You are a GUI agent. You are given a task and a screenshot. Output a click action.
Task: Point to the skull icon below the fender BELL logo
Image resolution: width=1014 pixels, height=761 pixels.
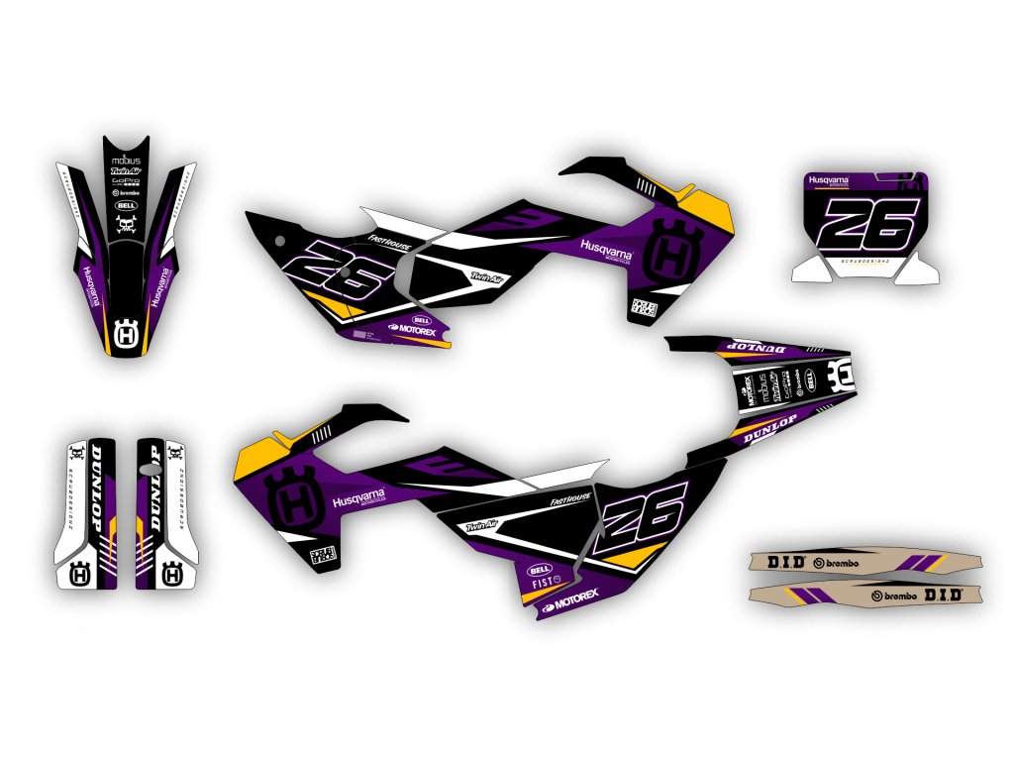(x=126, y=225)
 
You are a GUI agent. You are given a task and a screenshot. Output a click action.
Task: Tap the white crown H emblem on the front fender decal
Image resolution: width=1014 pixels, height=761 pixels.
(x=126, y=334)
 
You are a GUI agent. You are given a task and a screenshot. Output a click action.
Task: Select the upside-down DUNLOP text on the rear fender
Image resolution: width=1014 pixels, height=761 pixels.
(x=758, y=347)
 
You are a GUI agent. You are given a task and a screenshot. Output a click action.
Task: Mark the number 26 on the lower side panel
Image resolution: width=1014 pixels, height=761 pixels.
(x=643, y=518)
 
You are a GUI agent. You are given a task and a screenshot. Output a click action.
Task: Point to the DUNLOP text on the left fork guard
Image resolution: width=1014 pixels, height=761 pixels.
(x=97, y=486)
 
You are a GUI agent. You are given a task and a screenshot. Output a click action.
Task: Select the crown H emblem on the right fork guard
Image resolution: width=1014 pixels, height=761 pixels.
(x=172, y=572)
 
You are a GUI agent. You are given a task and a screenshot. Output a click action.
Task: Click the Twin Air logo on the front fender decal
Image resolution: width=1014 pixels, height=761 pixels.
(x=126, y=170)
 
